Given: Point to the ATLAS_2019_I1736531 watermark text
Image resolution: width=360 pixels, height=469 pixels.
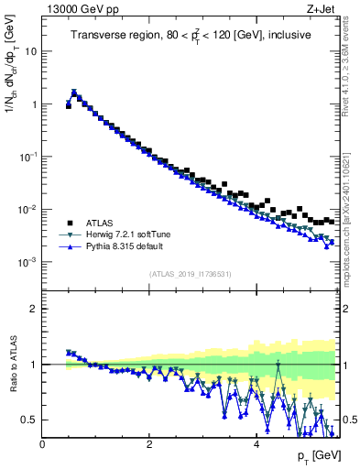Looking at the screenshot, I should [191, 274].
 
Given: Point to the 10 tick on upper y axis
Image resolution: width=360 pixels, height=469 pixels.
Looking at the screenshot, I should [31, 51].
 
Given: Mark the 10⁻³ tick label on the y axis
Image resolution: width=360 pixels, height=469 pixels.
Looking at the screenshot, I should [29, 262].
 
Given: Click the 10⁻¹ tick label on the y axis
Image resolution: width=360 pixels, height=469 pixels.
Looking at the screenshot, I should [29, 157].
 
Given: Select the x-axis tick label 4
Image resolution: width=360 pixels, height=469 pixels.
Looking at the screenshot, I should [256, 444].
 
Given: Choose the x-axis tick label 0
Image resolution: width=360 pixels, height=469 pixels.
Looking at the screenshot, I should [43, 444].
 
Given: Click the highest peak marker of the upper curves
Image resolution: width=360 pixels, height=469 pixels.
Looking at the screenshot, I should [74, 93].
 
